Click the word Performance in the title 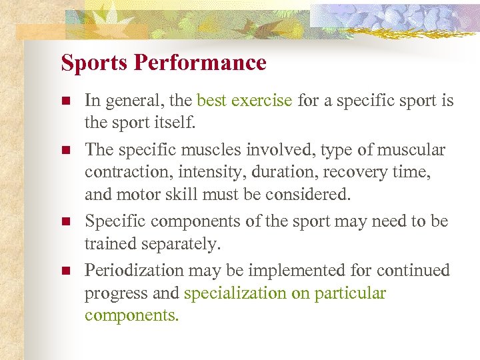point(200,63)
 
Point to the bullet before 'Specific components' point(65,221)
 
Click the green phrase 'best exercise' point(245,101)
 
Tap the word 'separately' point(177,245)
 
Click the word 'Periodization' point(137,270)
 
